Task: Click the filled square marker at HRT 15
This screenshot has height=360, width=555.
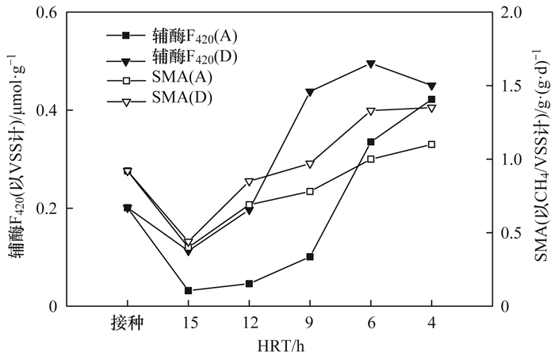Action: (188, 291)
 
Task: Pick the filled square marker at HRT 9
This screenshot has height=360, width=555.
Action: (309, 257)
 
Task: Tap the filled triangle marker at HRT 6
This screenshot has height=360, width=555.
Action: (370, 64)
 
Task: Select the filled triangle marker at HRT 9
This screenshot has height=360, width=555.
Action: (309, 92)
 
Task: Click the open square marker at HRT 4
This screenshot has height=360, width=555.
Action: (431, 144)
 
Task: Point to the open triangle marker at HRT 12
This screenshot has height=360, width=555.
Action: (249, 182)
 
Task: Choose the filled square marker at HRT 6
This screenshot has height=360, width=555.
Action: (370, 142)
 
